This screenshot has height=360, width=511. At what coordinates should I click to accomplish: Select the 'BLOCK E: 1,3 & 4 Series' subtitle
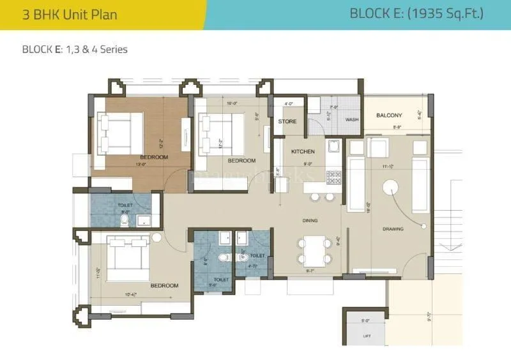75,49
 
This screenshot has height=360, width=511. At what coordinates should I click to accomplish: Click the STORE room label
287,121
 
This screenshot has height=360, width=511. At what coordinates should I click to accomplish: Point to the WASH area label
352,119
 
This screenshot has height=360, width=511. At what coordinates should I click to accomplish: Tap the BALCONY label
389,116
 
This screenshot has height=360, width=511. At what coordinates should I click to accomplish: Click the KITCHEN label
302,152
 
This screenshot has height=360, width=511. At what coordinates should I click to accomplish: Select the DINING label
310,221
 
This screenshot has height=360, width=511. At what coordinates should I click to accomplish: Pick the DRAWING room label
393,229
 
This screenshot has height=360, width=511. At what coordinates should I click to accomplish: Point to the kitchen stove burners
333,176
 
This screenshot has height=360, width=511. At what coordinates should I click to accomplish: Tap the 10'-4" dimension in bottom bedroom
132,294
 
